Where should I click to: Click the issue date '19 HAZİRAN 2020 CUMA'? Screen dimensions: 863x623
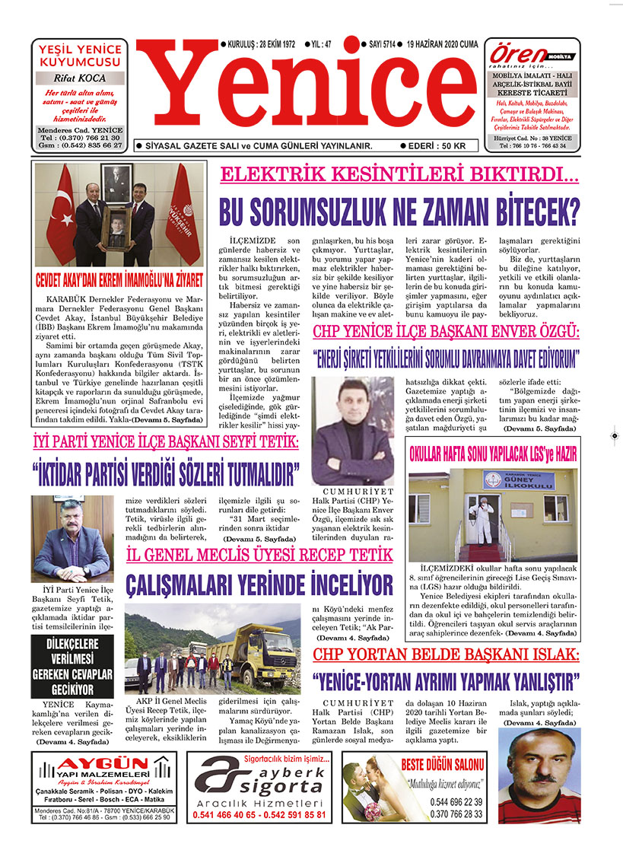[442, 44]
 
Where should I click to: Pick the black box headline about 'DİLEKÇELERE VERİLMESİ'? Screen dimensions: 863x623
[72, 667]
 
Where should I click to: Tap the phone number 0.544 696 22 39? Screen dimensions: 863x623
[456, 801]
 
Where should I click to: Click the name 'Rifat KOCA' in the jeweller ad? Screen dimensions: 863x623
[79, 78]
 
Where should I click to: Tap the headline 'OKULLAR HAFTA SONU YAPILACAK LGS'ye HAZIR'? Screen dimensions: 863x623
[494, 454]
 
